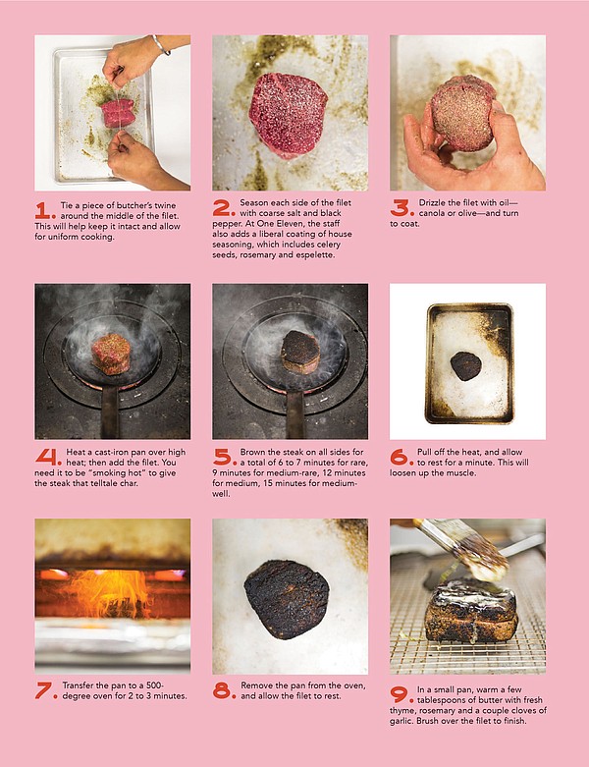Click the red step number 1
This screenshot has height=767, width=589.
tap(45, 211)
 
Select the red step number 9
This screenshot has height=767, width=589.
tap(402, 694)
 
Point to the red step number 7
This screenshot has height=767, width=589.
tap(46, 690)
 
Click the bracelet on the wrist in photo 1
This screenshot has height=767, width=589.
tap(160, 44)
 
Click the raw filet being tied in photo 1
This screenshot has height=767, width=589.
tap(118, 113)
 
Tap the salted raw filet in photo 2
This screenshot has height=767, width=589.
tap(288, 115)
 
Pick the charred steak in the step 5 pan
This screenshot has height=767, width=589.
tap(300, 353)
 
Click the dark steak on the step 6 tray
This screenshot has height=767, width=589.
tap(466, 366)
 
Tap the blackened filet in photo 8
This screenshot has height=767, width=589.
tap(287, 600)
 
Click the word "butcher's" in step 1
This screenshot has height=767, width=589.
tap(134, 205)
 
